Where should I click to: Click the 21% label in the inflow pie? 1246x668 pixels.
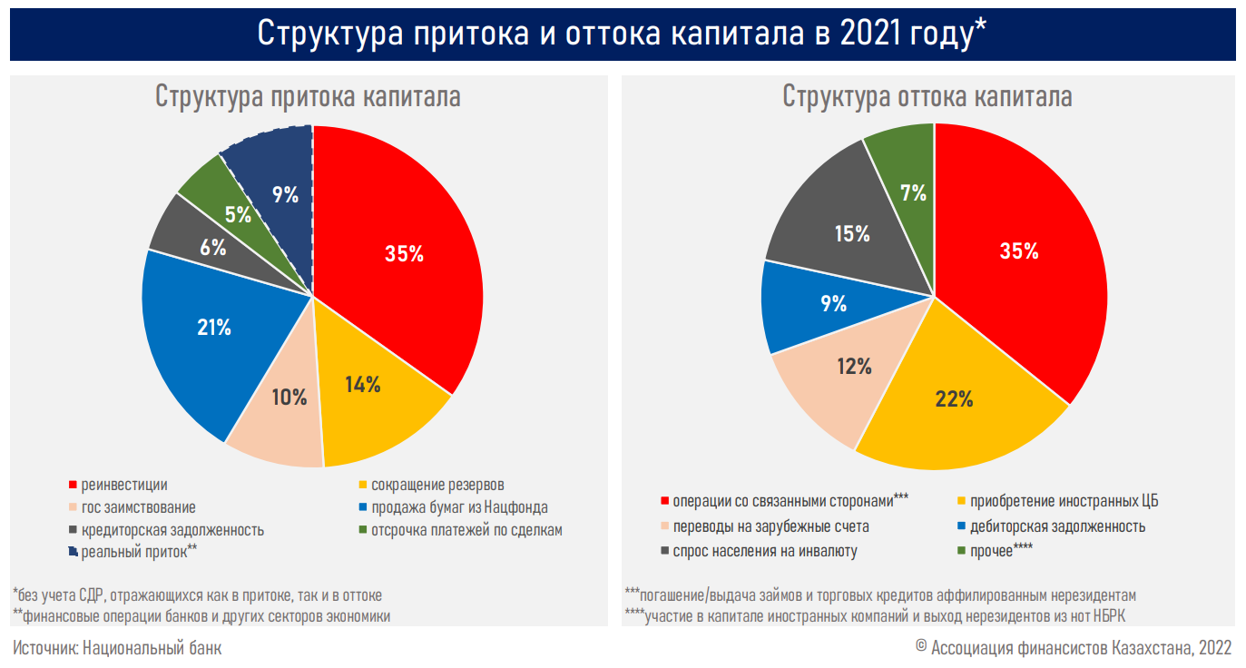tap(214, 328)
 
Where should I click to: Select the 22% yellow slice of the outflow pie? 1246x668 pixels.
tap(953, 408)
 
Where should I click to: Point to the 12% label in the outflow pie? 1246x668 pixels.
tap(854, 367)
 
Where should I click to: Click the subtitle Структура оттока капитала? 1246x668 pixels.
tap(927, 97)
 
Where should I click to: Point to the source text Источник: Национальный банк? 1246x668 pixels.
tap(117, 648)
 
